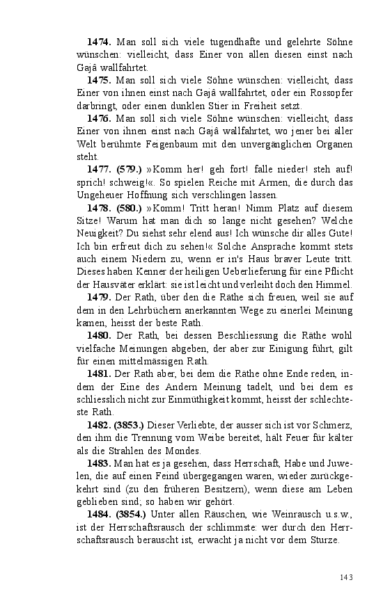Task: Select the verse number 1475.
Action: pos(100,81)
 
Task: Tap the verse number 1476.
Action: pos(100,118)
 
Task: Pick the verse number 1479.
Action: pos(100,297)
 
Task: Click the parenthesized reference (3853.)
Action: pos(132,424)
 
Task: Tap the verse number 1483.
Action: pos(100,462)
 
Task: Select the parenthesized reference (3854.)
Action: pos(132,513)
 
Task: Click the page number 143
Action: pos(347,577)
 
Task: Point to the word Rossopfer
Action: pos(328,93)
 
